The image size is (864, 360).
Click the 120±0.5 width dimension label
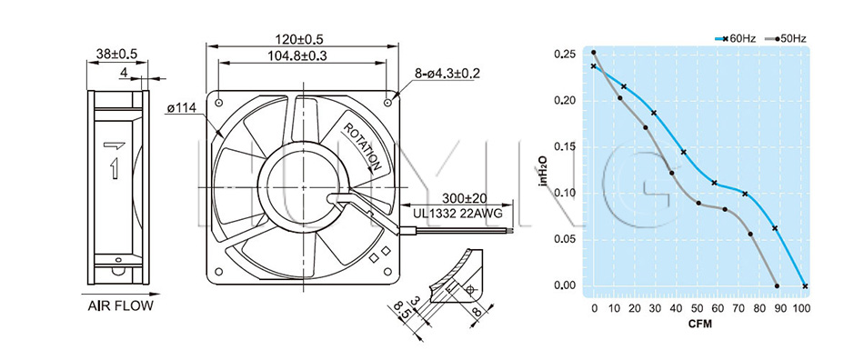[298, 39]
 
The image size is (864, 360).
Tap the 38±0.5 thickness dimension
[116, 54]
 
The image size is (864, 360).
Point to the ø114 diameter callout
[181, 108]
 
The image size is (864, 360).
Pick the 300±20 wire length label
[462, 198]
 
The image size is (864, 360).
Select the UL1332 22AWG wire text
[457, 214]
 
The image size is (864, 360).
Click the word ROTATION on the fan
[363, 146]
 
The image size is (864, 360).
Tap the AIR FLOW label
[120, 306]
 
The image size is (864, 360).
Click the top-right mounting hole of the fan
[387, 103]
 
